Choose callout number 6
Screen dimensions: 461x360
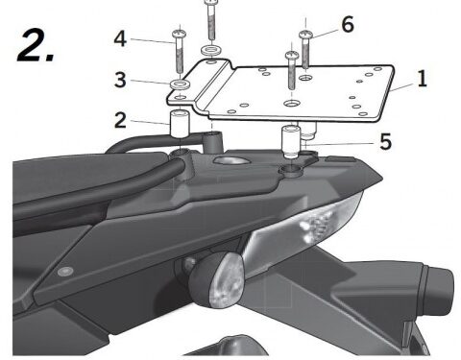347,22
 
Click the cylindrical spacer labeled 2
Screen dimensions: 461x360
179,128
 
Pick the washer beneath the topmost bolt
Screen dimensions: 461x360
209,47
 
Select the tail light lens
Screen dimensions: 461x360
307,227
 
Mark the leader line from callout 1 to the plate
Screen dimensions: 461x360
402,85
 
